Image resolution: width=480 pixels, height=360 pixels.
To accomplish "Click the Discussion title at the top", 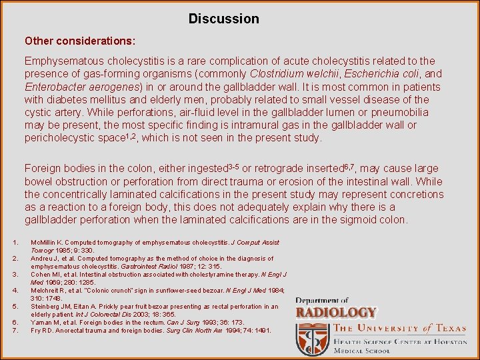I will pos(223,19).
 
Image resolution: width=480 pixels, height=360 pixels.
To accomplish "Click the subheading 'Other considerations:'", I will pos(80,41).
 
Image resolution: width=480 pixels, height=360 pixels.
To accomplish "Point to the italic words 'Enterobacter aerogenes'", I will pos(80,87).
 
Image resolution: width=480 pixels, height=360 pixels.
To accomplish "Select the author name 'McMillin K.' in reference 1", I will pos(48,243).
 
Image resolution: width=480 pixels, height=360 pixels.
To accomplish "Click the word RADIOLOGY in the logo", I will pos(336,312).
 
